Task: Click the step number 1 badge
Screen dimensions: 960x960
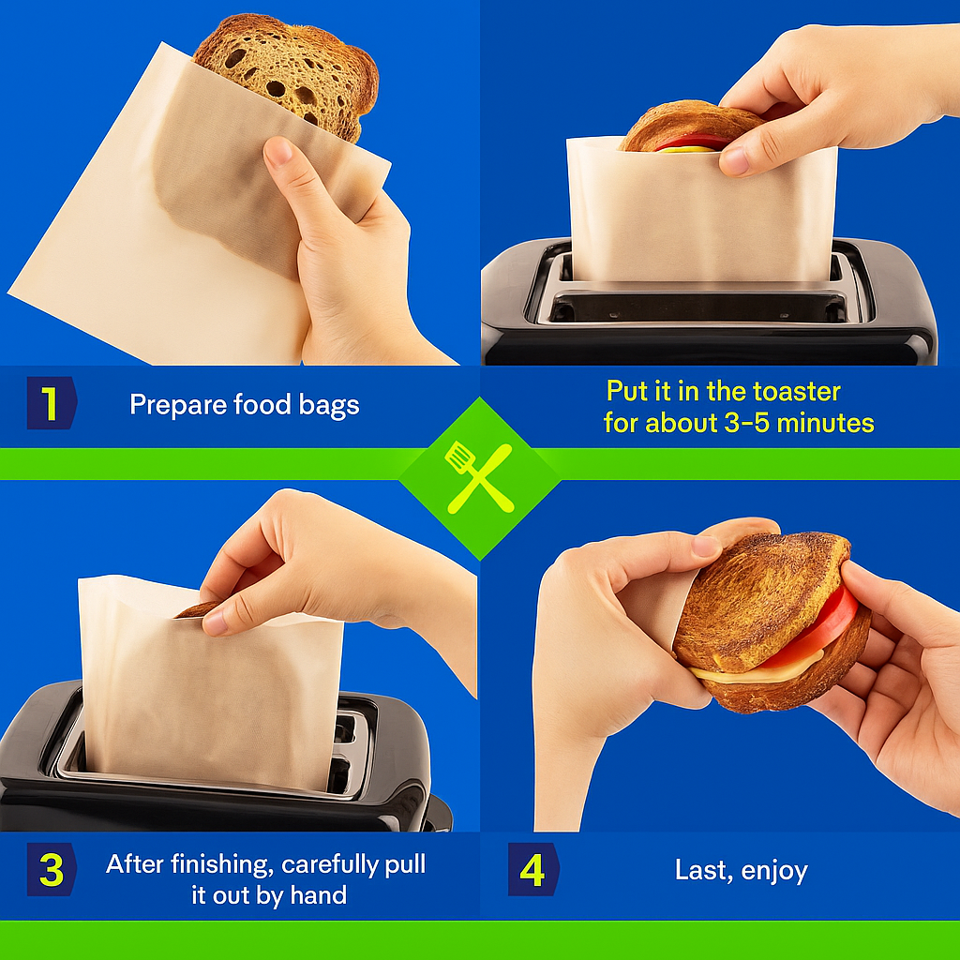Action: [x=52, y=403]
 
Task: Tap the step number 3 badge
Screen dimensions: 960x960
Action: [x=52, y=869]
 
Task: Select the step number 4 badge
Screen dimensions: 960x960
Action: [x=533, y=869]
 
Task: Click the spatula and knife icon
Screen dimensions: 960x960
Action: [x=479, y=477]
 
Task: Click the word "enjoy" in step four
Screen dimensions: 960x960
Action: [x=774, y=871]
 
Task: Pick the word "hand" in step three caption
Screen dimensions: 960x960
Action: [x=319, y=895]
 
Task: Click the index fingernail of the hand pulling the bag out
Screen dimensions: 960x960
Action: [x=215, y=624]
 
